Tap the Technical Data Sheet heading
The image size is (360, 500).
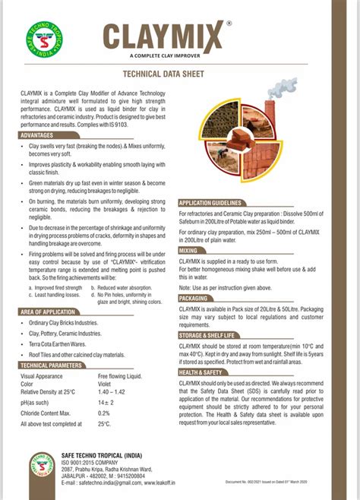point(180,75)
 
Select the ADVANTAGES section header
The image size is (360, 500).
point(43,134)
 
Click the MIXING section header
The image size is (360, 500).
point(189,250)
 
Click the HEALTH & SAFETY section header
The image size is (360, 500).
point(201,373)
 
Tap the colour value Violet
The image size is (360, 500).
point(107,384)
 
